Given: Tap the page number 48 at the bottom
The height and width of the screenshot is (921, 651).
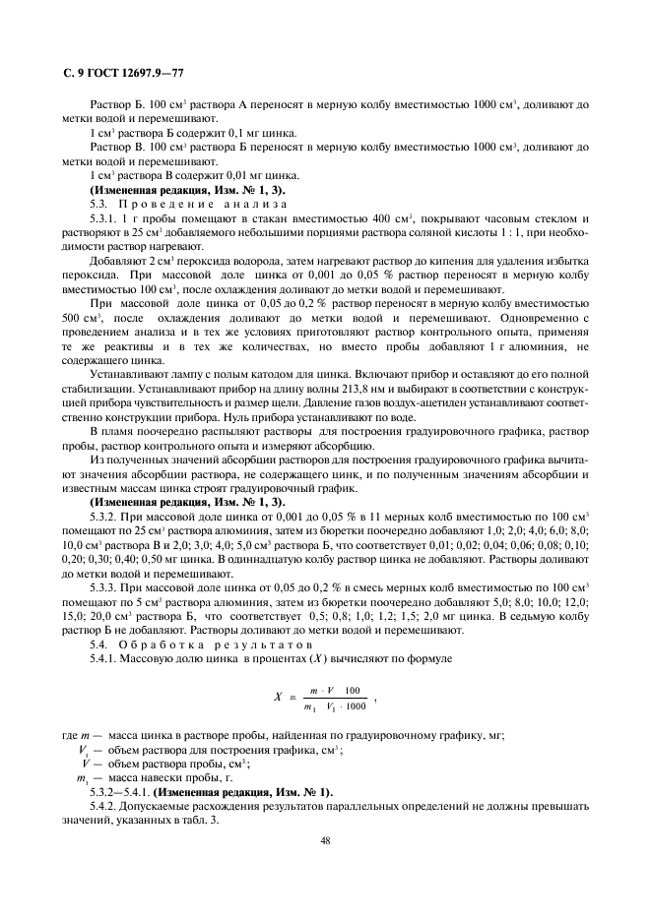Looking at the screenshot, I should (x=325, y=839).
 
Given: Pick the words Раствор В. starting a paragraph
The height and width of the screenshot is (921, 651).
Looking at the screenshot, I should (x=113, y=146).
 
